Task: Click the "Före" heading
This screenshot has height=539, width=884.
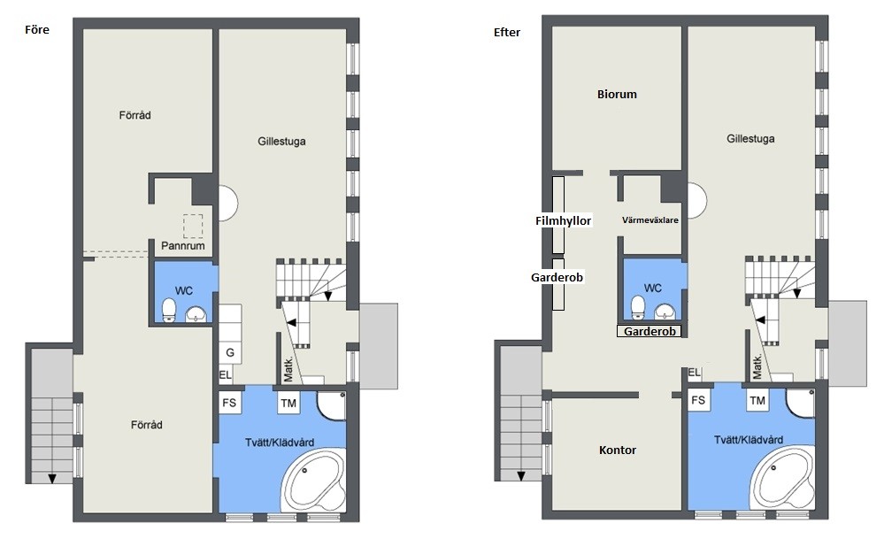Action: coord(37,30)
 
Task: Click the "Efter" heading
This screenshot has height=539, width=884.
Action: coord(507,33)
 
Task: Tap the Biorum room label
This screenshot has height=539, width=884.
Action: coord(617,94)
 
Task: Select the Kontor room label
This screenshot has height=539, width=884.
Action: coord(618,450)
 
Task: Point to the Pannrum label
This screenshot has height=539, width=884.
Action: coord(182,246)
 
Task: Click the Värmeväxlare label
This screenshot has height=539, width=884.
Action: coord(650,219)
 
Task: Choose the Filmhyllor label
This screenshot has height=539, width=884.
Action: coord(563,220)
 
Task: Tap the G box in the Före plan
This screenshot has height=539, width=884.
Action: coord(230,353)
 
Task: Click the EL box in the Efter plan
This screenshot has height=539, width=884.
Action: coord(694,372)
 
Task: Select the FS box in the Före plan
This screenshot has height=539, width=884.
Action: coord(229,403)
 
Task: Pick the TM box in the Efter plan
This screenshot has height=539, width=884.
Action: coord(757,400)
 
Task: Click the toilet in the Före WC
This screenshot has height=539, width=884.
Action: coord(168,310)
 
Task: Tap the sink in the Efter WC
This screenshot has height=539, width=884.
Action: coord(665,312)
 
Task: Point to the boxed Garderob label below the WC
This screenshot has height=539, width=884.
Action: coord(650,332)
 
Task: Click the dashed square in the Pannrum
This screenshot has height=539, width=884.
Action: coord(193,227)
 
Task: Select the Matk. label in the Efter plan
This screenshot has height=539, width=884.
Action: coord(757,366)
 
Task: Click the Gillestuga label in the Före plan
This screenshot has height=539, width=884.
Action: coord(282,142)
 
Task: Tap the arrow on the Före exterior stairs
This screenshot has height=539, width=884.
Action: coord(52,479)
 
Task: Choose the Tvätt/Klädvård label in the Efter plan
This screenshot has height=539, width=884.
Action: coord(748,440)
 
